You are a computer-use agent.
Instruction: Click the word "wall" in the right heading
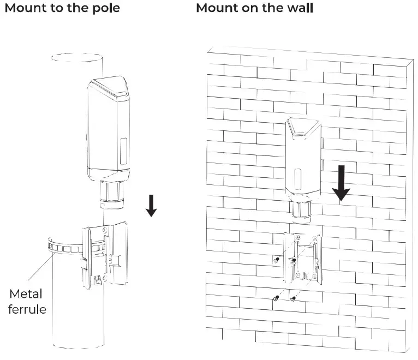[298, 9]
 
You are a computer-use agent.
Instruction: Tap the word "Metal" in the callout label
[26, 294]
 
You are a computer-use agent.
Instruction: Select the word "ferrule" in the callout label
[28, 310]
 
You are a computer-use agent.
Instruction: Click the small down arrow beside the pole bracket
[152, 206]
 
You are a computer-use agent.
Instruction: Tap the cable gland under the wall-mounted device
[301, 212]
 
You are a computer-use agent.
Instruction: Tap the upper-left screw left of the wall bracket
[277, 261]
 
